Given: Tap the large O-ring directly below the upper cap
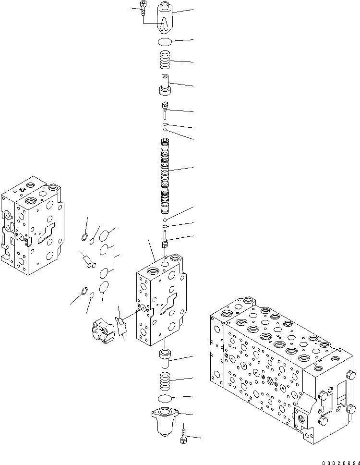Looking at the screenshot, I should pos(165,42).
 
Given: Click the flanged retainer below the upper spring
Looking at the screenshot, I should pos(165,85).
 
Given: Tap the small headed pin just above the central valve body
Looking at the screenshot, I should pos(165,239).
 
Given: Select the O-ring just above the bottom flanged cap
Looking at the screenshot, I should pos(165,398).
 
